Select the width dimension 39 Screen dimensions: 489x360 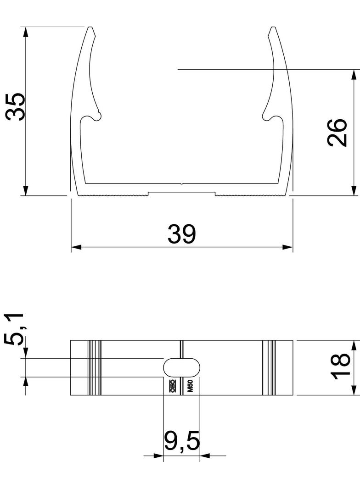181,234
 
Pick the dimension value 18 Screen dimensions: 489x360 341,367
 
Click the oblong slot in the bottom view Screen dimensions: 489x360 182,367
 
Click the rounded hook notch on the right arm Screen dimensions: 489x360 269,117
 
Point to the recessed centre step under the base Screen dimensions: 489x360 181,194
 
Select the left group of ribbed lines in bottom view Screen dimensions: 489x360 94,367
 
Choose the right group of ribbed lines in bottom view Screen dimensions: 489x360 269,367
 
